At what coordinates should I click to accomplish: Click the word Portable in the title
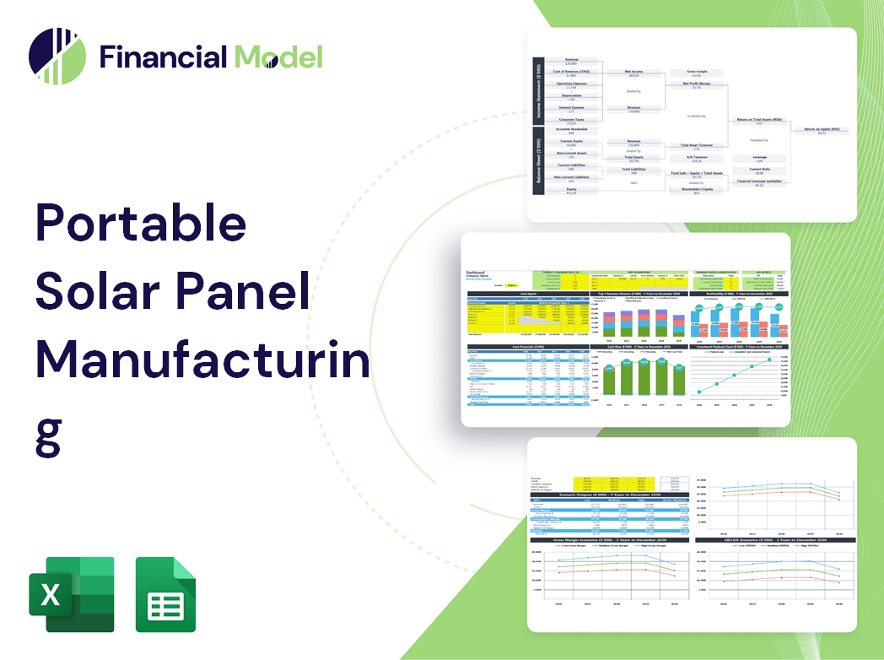coord(140,223)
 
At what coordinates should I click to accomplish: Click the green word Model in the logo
coord(278,57)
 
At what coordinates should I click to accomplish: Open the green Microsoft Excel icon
coord(71,594)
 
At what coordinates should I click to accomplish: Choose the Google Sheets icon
coord(165,594)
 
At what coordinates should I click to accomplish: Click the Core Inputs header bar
coord(528,294)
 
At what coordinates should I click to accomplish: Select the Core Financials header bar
coord(528,346)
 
